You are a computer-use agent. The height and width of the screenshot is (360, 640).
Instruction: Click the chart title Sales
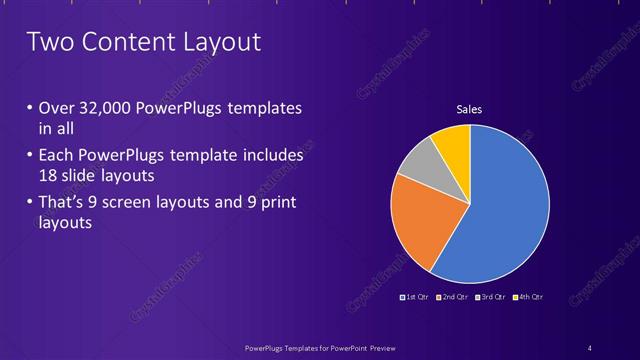point(469,109)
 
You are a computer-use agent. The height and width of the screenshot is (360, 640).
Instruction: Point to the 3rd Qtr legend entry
point(490,297)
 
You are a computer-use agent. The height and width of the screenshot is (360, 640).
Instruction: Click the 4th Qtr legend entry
point(528,297)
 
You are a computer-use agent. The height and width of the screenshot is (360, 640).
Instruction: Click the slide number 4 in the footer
point(590,347)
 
